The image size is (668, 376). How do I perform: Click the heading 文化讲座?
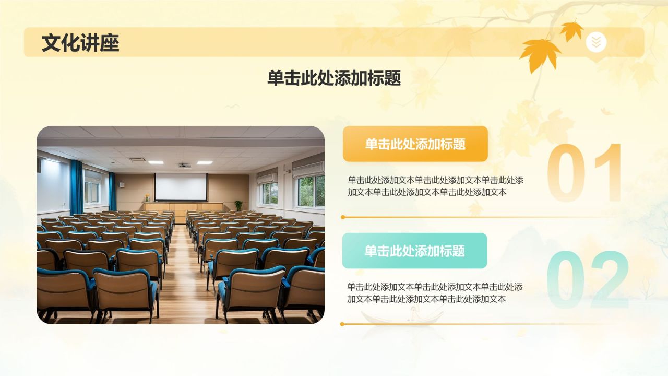(80, 43)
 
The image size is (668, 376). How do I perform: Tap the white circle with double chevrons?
(596, 42)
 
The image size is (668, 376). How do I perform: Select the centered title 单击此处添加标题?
(334, 78)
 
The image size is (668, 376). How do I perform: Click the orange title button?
(415, 144)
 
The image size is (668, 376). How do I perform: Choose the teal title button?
(414, 251)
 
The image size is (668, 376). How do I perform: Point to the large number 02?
(588, 281)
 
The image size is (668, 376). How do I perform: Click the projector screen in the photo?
(181, 186)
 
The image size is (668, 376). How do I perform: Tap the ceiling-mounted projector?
(184, 166)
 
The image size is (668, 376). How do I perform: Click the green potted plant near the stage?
(238, 205)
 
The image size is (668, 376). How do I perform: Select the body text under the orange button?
(435, 186)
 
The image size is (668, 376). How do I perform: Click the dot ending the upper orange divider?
(343, 217)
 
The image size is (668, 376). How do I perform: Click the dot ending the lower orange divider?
(342, 324)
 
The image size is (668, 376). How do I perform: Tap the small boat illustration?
(402, 316)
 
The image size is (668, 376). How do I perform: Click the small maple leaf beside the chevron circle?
(571, 30)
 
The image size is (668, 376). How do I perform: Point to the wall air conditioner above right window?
(308, 170)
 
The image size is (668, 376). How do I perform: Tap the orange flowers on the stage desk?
(147, 197)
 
